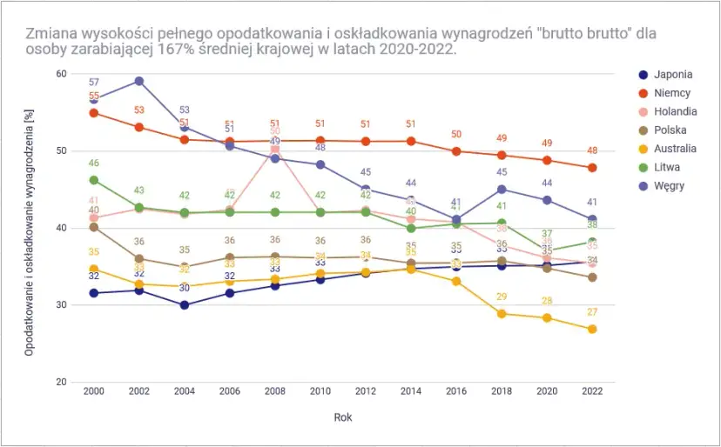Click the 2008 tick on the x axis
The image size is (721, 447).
(x=274, y=392)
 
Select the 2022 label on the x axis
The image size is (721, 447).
(x=592, y=392)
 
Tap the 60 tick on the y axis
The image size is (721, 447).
(x=61, y=74)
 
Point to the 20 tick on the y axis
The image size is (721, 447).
(x=61, y=382)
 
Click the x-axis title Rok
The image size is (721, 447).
(x=343, y=417)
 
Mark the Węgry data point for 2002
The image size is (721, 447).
(x=138, y=82)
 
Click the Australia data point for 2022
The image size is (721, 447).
(x=592, y=329)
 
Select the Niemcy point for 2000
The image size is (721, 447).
(x=93, y=113)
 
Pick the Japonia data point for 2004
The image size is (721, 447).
(x=184, y=305)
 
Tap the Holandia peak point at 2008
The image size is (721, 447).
(x=274, y=150)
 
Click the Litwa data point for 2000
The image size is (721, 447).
(x=93, y=180)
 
